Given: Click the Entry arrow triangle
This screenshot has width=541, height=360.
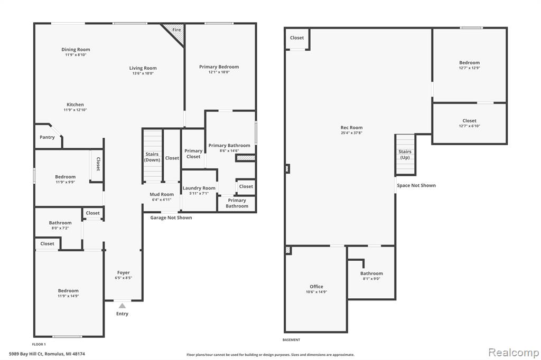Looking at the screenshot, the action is tap(122, 306).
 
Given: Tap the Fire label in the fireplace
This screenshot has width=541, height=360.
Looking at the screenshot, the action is tap(176, 30).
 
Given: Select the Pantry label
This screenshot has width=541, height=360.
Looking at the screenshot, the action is tap(47, 137).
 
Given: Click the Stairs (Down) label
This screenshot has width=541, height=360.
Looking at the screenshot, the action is tap(152, 157).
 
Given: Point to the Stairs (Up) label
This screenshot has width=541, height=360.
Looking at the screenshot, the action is tap(405, 155).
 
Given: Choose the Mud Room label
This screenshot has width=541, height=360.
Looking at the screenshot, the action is tap(162, 194).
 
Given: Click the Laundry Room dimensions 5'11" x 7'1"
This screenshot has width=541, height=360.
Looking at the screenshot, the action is tap(199, 193).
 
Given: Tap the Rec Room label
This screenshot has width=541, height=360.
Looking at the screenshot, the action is tap(351, 128).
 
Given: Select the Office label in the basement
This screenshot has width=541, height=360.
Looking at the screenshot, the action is tap(316, 287).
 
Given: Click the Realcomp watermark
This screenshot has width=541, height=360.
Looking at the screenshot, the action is tap(514, 353).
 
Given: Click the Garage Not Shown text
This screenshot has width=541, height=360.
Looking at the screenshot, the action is tap(171, 217).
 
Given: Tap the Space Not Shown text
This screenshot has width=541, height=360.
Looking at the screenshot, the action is tap(416, 185).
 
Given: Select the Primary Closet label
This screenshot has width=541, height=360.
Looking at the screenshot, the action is tap(193, 154).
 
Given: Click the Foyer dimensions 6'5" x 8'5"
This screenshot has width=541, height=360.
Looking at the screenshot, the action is tap(124, 278).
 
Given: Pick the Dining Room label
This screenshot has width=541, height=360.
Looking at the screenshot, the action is tap(76, 50).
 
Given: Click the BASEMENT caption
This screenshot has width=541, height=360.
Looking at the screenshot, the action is tap(292, 340).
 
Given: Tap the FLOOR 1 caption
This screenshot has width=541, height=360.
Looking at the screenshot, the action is tap(39, 345).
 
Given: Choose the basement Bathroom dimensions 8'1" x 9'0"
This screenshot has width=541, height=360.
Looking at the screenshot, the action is tap(371, 279).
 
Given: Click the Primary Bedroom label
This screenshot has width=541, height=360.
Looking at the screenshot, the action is tap(219, 67).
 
